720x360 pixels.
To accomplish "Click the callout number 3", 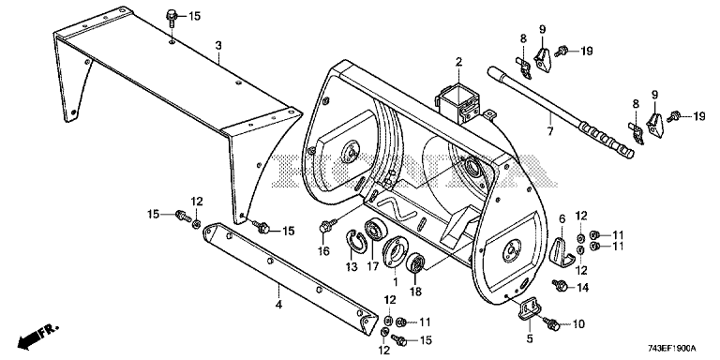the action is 218,45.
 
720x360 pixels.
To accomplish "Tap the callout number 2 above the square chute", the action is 458,61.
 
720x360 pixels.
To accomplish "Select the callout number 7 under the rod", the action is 549,132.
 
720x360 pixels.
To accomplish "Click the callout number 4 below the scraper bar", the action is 278,304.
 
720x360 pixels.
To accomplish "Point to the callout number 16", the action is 323,251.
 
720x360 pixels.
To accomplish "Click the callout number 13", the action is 352,267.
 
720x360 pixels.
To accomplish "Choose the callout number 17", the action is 372,266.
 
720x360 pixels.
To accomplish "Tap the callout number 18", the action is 415,292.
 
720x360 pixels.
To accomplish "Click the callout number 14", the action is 583,288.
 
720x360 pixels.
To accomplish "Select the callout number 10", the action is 578,324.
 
